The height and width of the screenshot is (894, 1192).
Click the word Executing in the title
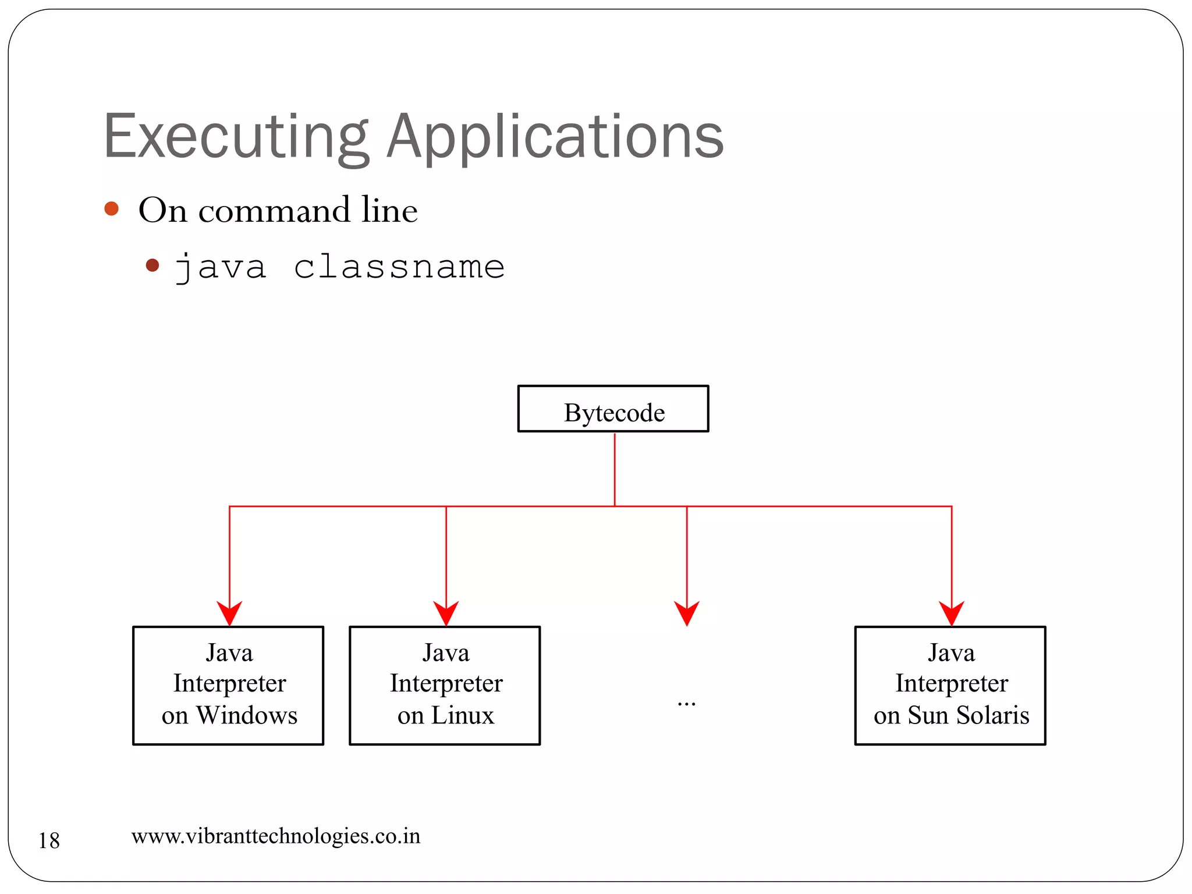coord(236,137)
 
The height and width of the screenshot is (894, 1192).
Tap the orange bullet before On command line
coord(112,209)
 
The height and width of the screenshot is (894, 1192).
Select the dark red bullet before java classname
coord(152,265)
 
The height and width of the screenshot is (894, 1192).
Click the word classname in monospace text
coord(399,267)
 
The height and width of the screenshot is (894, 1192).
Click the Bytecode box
coord(613,409)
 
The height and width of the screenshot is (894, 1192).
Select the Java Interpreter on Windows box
coord(228,685)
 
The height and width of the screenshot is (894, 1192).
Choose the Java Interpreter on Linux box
coord(445,685)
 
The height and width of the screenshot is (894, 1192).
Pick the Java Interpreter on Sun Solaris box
coord(950,685)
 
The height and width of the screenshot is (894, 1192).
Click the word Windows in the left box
coord(247,715)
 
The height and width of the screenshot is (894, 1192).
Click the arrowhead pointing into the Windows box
coord(229,613)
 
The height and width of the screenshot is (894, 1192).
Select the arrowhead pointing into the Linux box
coord(446,613)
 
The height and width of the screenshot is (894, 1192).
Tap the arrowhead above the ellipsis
coord(687,613)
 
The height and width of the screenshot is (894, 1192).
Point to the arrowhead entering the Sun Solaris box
coord(952,613)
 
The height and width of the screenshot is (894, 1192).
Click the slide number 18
coord(49,840)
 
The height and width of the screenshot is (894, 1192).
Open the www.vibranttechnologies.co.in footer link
coord(276,836)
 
